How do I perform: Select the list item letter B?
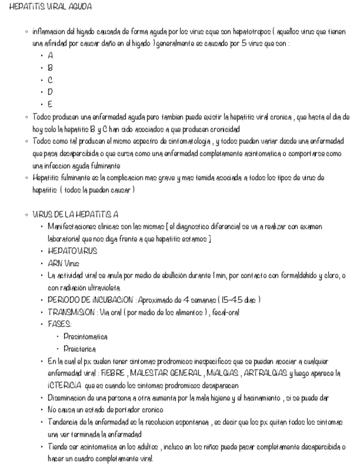click(51, 67)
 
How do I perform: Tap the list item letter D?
click(51, 92)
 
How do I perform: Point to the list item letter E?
click(51, 104)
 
